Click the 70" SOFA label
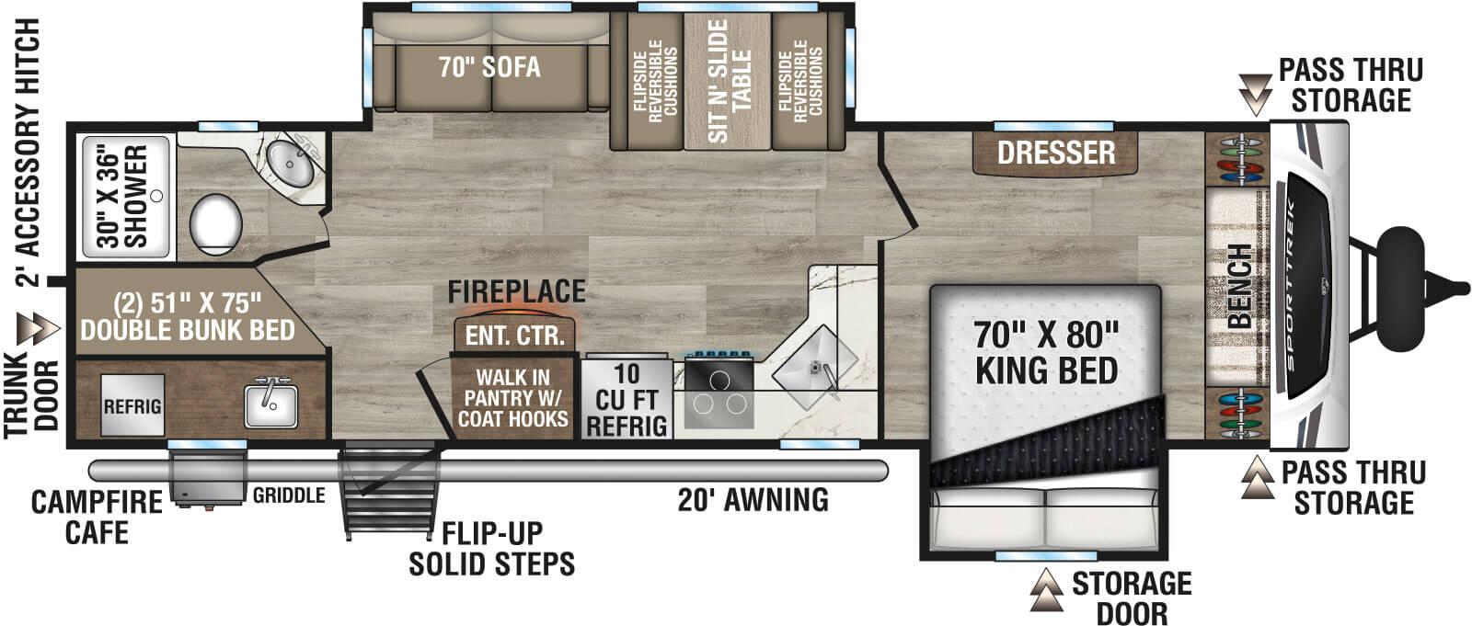click(489, 67)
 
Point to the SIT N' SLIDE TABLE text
click(730, 82)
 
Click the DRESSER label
click(1056, 153)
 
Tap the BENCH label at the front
click(1239, 286)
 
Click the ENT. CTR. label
click(514, 336)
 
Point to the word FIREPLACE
click(516, 292)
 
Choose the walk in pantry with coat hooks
click(513, 397)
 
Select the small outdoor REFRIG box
click(132, 405)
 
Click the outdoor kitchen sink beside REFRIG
click(270, 405)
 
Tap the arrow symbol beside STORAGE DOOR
click(1045, 589)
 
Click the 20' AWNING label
click(753, 499)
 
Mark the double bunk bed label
click(187, 316)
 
